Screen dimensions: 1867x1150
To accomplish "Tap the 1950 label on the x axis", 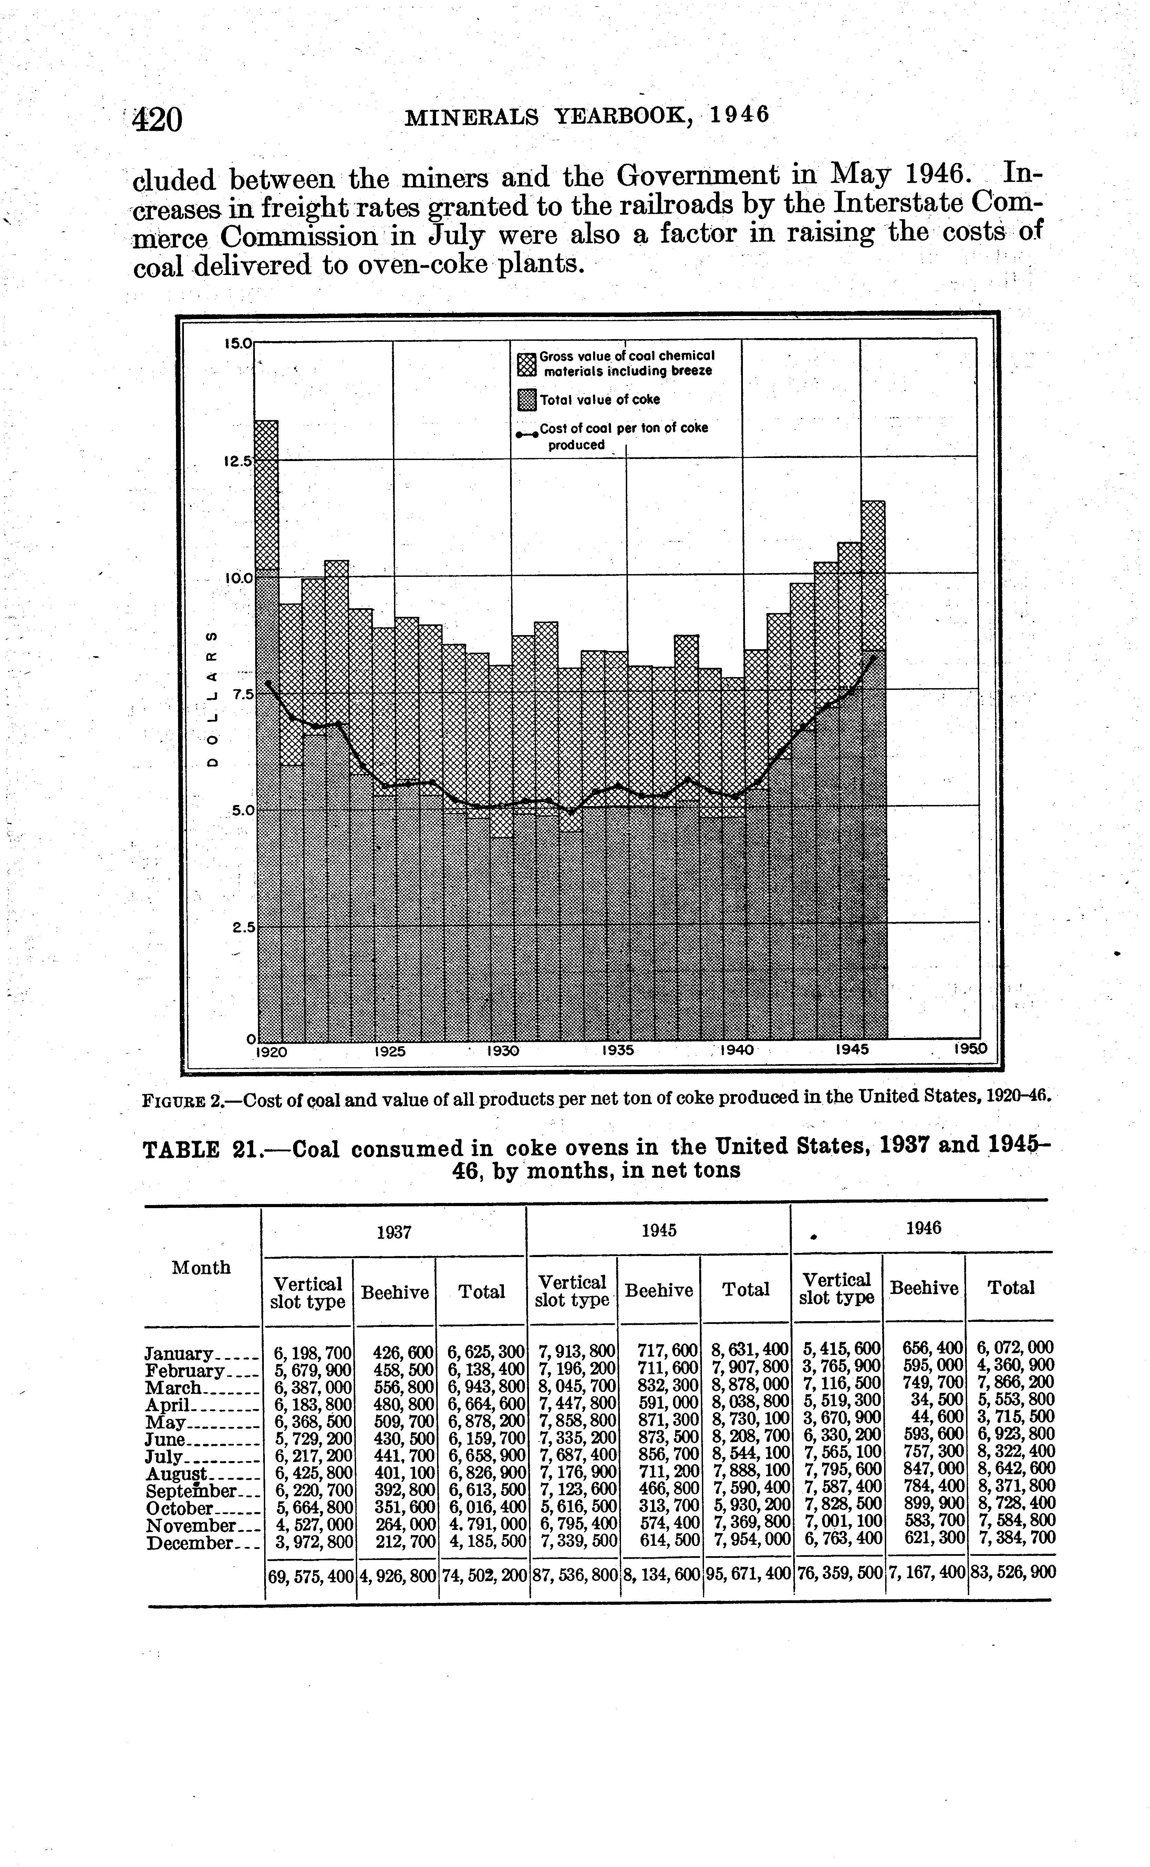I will click(971, 1049).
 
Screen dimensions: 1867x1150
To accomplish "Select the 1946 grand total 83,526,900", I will click(1012, 1572).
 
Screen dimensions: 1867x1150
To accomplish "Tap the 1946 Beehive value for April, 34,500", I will click(937, 1400).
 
